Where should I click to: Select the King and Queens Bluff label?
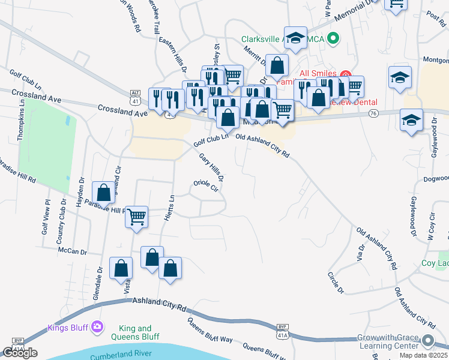pyautogui.click(x=136, y=332)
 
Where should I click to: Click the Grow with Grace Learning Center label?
pyautogui.click(x=388, y=342)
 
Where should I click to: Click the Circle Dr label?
pyautogui.click(x=336, y=283)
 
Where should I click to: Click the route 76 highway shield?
pyautogui.click(x=373, y=114)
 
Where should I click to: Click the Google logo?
pyautogui.click(x=20, y=353)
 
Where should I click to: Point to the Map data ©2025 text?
pyautogui.click(x=424, y=355)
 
